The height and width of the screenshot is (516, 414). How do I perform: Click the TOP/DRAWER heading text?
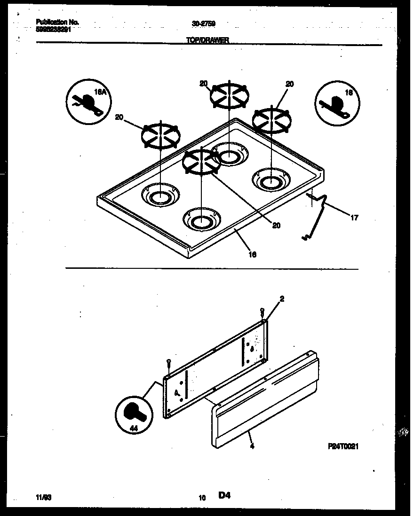click(207, 40)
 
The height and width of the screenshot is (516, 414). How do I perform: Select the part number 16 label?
click(252, 254)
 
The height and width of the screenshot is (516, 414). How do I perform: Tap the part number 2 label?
click(282, 298)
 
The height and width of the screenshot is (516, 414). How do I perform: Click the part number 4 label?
click(253, 446)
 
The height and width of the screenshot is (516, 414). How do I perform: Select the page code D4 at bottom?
click(224, 495)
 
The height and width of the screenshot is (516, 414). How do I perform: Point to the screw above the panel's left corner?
click(168, 362)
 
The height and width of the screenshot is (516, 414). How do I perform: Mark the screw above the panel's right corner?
click(263, 311)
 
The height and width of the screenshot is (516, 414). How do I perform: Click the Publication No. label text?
click(57, 22)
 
